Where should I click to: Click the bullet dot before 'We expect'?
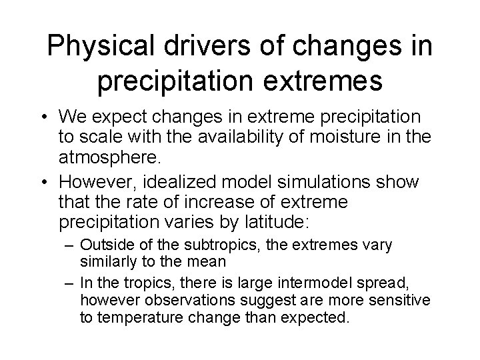[x=63, y=117]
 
